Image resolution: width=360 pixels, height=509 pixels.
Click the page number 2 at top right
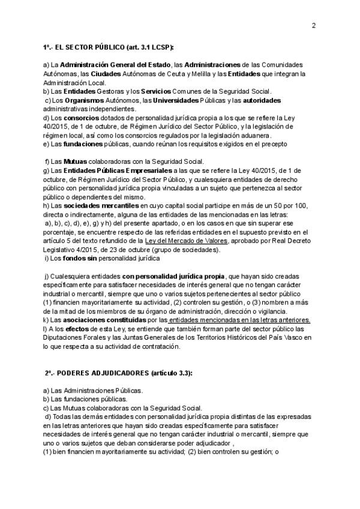click(x=314, y=25)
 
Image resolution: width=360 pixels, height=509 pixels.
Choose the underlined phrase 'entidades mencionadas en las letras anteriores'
click(x=239, y=321)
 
